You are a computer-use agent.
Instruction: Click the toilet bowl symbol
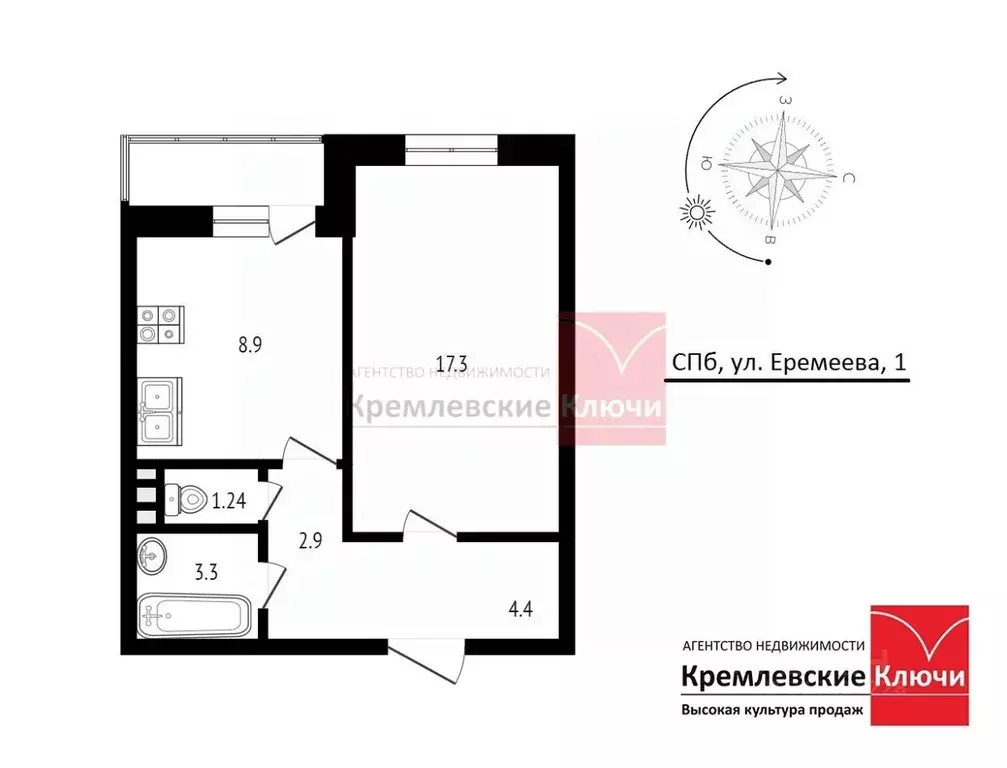pyautogui.click(x=185, y=495)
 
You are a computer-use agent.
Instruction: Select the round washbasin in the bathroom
pyautogui.click(x=153, y=554)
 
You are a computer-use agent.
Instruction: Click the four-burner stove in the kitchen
pyautogui.click(x=161, y=323)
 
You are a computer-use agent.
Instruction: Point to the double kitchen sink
pyautogui.click(x=160, y=410)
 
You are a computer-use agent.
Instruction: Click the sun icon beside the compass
pyautogui.click(x=695, y=213)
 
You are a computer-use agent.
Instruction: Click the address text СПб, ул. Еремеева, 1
pyautogui.click(x=786, y=365)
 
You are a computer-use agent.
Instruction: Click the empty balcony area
pyautogui.click(x=226, y=171)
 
